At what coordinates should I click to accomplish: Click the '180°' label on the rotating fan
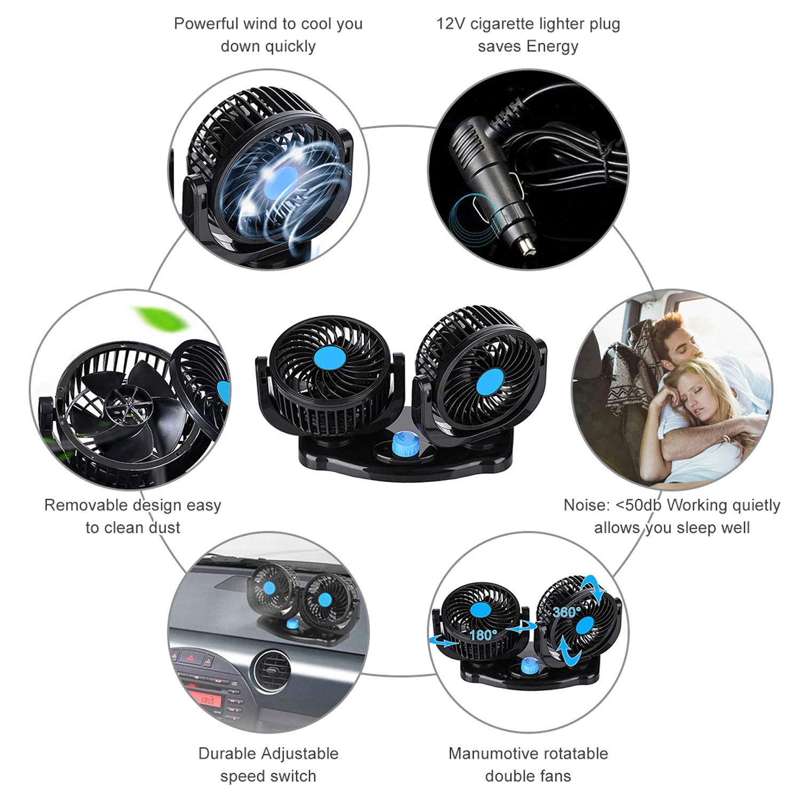(483, 635)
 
